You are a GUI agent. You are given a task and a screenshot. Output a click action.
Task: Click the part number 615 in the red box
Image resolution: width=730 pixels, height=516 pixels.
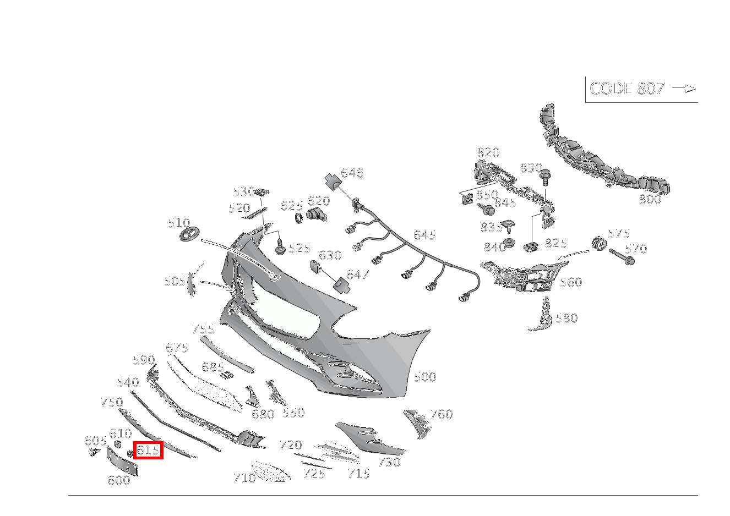pyautogui.click(x=148, y=450)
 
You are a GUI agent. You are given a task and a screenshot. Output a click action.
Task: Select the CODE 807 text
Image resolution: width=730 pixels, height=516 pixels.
pyautogui.click(x=627, y=89)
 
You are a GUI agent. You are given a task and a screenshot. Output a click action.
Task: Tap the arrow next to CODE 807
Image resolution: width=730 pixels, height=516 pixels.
pyautogui.click(x=684, y=88)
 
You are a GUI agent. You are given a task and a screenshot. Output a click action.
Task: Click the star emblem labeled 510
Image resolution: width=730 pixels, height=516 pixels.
pyautogui.click(x=190, y=234)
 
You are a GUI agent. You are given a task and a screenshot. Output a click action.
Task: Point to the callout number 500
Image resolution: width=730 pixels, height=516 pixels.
pyautogui.click(x=425, y=377)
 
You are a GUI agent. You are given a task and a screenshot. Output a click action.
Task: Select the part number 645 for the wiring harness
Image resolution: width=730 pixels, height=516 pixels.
pyautogui.click(x=424, y=235)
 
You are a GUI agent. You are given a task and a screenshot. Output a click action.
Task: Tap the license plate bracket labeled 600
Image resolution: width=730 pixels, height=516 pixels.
pyautogui.click(x=122, y=460)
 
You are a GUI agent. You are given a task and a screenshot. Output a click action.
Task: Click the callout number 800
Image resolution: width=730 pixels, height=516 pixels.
pyautogui.click(x=650, y=199)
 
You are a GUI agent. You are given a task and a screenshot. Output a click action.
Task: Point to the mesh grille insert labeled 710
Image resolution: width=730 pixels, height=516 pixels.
pyautogui.click(x=270, y=471)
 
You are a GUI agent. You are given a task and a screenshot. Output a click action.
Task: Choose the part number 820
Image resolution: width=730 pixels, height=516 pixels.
pyautogui.click(x=488, y=152)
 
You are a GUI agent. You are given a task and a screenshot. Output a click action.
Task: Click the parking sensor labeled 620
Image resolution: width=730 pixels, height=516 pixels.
pyautogui.click(x=317, y=215)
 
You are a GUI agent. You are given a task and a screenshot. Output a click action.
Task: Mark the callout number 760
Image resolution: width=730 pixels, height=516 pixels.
pyautogui.click(x=442, y=414)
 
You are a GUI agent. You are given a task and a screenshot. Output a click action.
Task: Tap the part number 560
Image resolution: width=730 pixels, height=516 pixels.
pyautogui.click(x=571, y=282)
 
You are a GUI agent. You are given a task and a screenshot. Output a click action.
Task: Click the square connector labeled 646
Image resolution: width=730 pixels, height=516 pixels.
pyautogui.click(x=333, y=182)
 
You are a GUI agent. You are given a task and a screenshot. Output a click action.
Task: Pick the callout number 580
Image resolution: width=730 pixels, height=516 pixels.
pyautogui.click(x=566, y=318)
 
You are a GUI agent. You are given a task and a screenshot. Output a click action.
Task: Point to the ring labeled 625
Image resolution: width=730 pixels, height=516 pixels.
pyautogui.click(x=298, y=218)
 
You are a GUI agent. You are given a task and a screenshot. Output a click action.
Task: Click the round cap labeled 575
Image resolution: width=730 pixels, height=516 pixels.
pyautogui.click(x=600, y=243)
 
